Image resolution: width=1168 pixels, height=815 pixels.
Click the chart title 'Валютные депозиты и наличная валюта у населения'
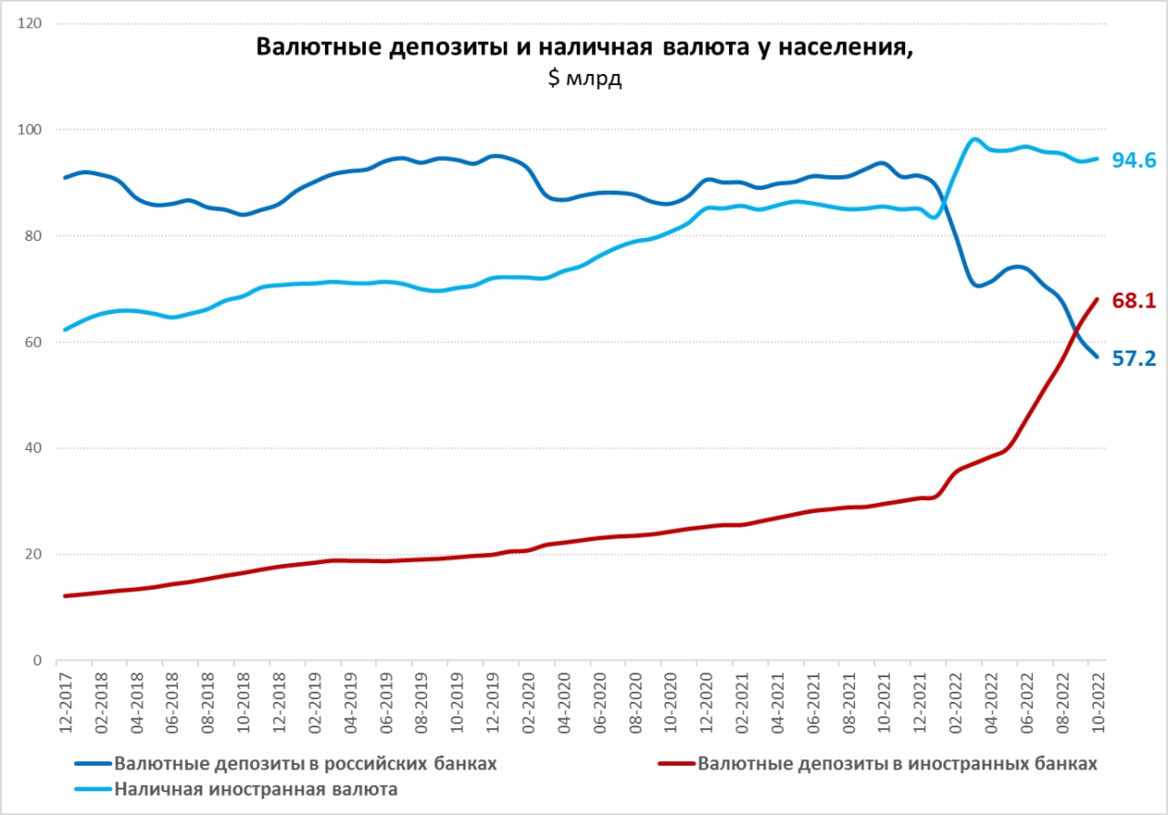pos(585,47)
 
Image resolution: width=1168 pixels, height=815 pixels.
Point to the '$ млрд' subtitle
pos(585,78)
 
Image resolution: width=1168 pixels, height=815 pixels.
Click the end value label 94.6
pos(1134,160)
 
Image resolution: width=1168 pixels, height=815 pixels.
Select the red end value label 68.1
pos(1134,300)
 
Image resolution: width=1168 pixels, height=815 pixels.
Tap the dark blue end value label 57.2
pos(1134,359)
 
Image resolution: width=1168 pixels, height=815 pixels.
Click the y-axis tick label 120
pos(29,24)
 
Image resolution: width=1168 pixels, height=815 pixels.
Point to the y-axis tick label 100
pos(29,130)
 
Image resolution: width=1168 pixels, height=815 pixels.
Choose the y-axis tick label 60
pos(33,342)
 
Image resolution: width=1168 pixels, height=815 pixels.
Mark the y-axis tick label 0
pos(37,661)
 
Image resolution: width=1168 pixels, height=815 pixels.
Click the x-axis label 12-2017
pos(65,703)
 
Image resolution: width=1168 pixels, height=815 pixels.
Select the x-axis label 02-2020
pos(528,703)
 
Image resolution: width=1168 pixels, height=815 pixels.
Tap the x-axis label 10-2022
pos(1098,703)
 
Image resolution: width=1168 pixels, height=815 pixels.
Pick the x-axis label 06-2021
pos(813,703)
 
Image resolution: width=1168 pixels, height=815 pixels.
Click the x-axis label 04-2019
pos(349,703)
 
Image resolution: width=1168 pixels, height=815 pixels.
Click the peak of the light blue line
pos(974,139)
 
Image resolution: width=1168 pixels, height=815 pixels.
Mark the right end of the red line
pos(1097,299)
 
